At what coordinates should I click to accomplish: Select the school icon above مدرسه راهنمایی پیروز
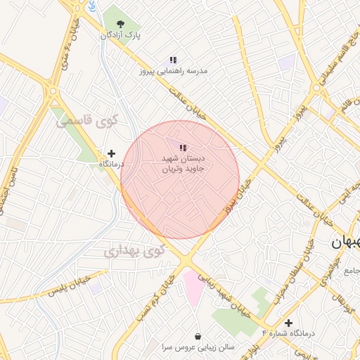[x=172, y=60]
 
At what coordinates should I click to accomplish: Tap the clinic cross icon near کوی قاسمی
[x=111, y=153]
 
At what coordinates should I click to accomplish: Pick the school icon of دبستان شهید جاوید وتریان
[x=184, y=148]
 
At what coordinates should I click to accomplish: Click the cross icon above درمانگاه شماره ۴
[x=288, y=323]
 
